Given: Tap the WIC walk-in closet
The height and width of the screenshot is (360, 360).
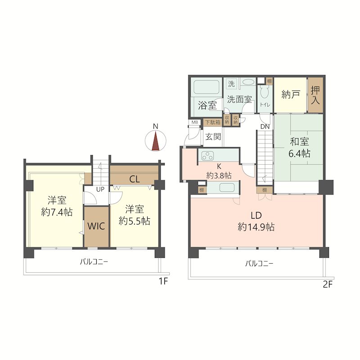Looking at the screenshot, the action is pos(96,227).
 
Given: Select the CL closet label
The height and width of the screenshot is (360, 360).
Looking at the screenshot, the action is pos(135,179).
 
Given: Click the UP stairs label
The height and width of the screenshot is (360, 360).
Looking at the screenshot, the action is pos(100,189).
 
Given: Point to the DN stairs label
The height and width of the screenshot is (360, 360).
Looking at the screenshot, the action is pos(265,126).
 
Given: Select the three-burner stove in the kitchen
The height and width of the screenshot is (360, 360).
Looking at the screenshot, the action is pos(207,156).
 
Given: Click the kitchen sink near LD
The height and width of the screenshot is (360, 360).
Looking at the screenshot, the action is pos(227,188).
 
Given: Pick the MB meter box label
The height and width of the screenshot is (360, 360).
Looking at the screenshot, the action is pos(195,122).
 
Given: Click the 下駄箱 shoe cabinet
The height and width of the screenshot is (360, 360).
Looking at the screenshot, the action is pos(212,122).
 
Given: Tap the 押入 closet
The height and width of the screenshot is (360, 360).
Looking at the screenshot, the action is pos(315,95).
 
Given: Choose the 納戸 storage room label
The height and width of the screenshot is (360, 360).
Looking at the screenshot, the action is pos(291,94).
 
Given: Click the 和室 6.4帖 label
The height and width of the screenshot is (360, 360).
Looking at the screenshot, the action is pos(299,148).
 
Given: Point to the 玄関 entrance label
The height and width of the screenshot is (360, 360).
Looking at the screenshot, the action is pos(213,137).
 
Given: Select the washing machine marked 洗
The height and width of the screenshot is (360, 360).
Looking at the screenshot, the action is pos(231,84).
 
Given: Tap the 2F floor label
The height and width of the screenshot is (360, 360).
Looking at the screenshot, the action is pos(328,285).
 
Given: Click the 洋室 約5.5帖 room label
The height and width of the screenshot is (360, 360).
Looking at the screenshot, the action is pos(135,215).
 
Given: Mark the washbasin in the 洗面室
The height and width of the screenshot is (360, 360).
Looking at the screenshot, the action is pos(248,82).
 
